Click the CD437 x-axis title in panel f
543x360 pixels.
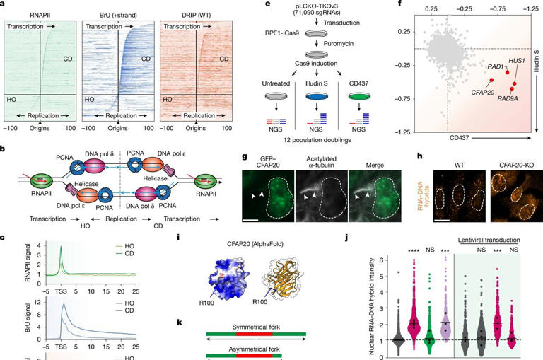(467, 139)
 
